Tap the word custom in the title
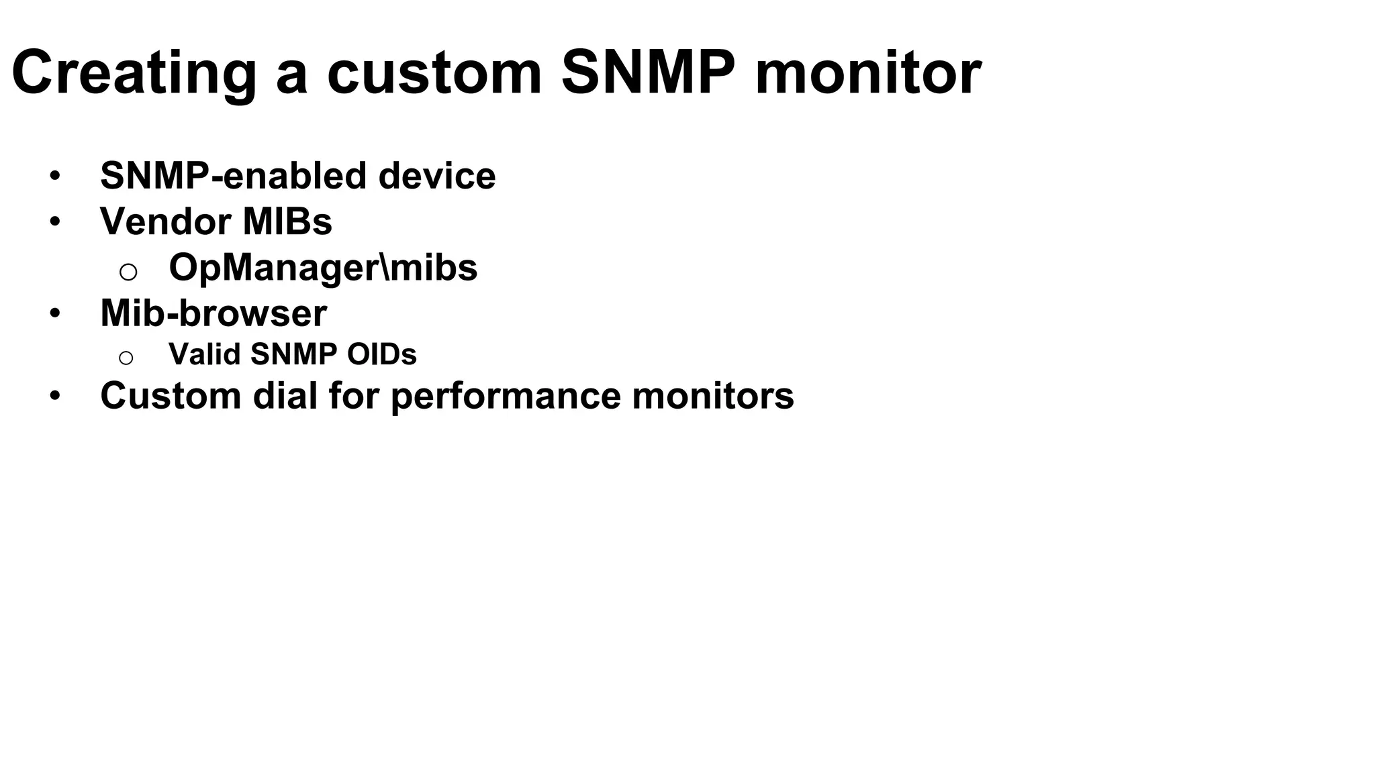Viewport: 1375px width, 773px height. (434, 72)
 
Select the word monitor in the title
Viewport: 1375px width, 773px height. (867, 72)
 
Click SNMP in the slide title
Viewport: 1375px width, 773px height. (648, 72)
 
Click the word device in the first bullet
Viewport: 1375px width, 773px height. (436, 176)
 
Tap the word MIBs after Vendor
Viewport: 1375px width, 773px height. (287, 221)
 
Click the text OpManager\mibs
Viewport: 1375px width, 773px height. (323, 268)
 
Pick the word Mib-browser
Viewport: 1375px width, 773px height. (214, 313)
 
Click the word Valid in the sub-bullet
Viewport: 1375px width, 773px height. (205, 354)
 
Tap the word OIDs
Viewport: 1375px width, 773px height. (381, 354)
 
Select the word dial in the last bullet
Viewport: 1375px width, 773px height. (285, 396)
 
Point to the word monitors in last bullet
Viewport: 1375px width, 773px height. (713, 396)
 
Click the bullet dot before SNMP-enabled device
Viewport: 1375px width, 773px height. (55, 176)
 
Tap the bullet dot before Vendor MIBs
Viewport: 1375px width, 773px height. (55, 222)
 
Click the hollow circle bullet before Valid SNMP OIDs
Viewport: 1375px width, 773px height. (126, 358)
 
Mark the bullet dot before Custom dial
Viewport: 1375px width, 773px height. (55, 397)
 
